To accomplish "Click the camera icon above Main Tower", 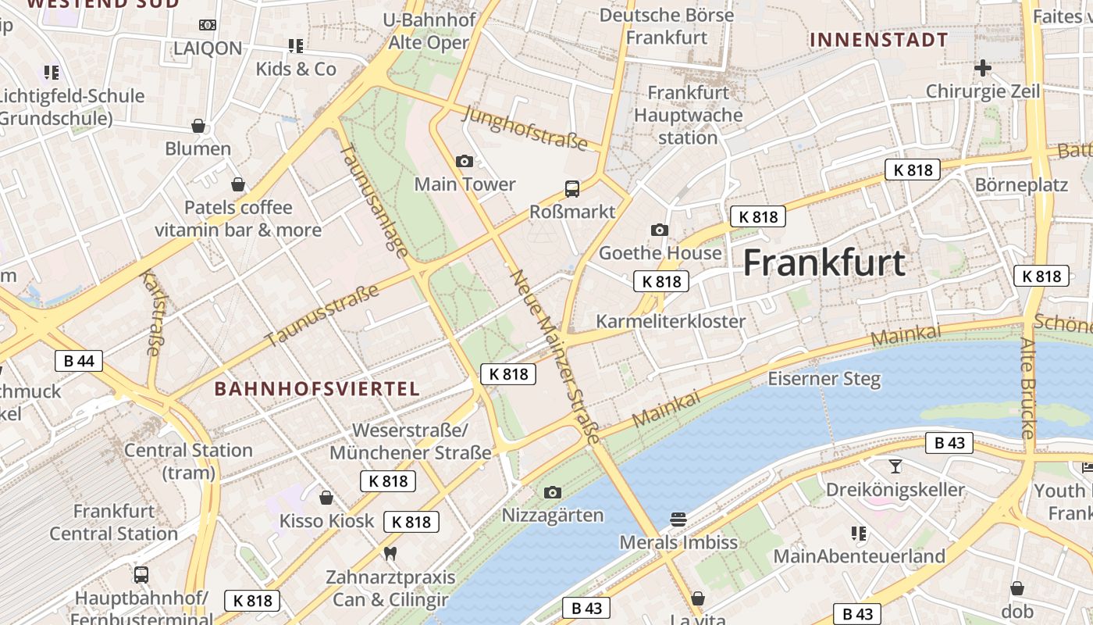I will pyautogui.click(x=465, y=162).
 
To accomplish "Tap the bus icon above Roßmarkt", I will pyautogui.click(x=572, y=188).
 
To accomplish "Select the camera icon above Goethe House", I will pyautogui.click(x=660, y=230).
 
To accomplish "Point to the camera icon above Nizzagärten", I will pyautogui.click(x=553, y=492).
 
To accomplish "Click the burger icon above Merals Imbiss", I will pyautogui.click(x=678, y=519).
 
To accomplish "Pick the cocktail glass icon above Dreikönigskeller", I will pyautogui.click(x=895, y=466).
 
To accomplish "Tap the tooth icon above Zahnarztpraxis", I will pyautogui.click(x=390, y=553).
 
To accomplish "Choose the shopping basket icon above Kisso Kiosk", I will pyautogui.click(x=326, y=498).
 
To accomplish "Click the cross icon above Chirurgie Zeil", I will pyautogui.click(x=983, y=68).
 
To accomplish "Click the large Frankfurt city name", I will pyautogui.click(x=824, y=263).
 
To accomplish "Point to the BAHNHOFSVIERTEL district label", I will pyautogui.click(x=317, y=388).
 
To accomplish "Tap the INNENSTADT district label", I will pyautogui.click(x=878, y=40).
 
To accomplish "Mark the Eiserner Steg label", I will pyautogui.click(x=824, y=380).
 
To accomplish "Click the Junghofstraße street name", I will pyautogui.click(x=525, y=127).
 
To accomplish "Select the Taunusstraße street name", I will pyautogui.click(x=322, y=315).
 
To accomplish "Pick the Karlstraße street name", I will pyautogui.click(x=150, y=312).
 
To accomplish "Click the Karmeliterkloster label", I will pyautogui.click(x=671, y=321).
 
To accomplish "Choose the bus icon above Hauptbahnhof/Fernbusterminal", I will pyautogui.click(x=141, y=575).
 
